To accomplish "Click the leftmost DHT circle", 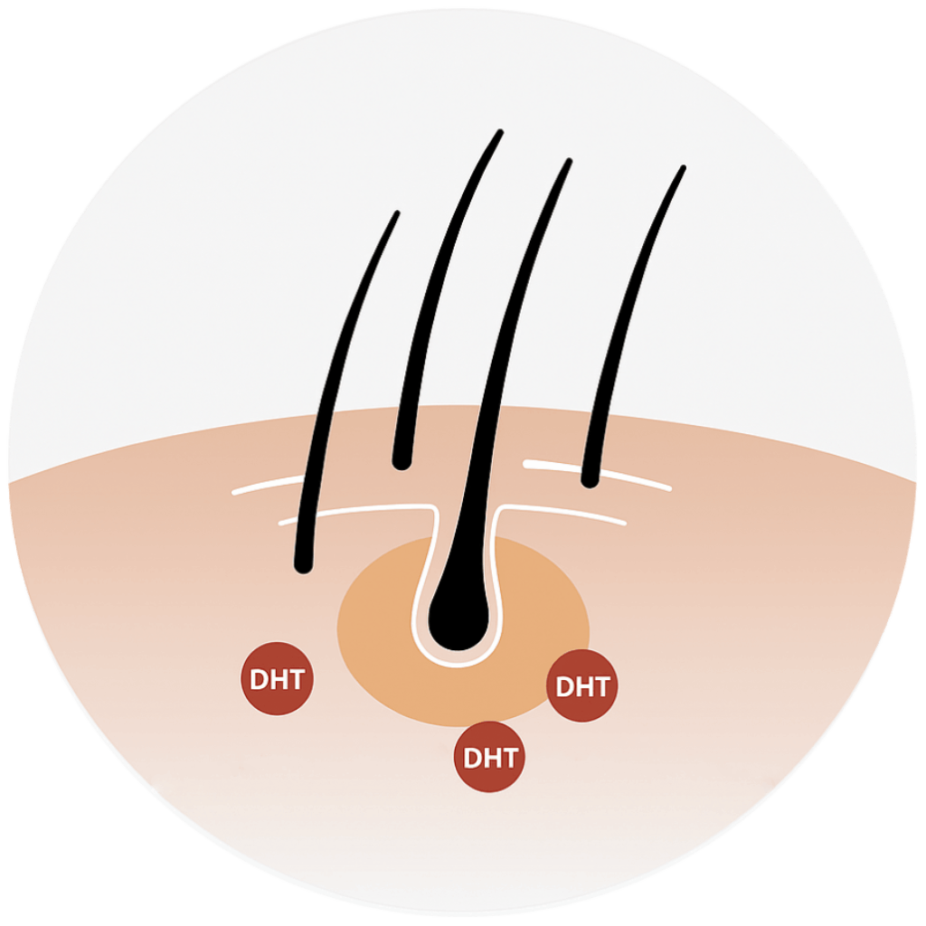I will pos(278,679).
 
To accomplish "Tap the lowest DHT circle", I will pos(489,757).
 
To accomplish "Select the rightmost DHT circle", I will pos(582,686).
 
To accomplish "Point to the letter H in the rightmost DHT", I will pos(582,687).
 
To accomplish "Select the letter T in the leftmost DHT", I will pos(297,680).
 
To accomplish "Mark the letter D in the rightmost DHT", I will pos(563,687).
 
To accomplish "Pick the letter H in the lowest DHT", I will pos(489,758).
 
